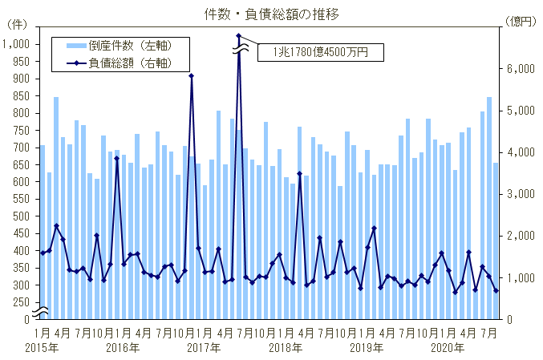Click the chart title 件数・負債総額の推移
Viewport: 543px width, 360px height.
pyautogui.click(x=271, y=14)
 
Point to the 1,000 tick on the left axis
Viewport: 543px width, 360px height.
pyautogui.click(x=17, y=44)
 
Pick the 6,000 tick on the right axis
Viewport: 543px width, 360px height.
pyautogui.click(x=521, y=69)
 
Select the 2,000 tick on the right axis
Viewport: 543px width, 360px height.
pyautogui.click(x=521, y=236)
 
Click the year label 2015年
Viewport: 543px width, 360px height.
pyautogui.click(x=41, y=348)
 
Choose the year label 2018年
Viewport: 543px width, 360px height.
pyautogui.click(x=286, y=348)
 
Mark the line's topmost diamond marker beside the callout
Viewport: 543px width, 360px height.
pyautogui.click(x=238, y=36)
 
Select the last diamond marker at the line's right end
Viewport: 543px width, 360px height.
pyautogui.click(x=496, y=291)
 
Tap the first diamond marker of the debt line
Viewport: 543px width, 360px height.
pyautogui.click(x=42, y=253)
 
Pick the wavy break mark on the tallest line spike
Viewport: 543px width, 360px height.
pyautogui.click(x=238, y=51)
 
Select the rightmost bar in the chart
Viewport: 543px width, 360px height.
pyautogui.click(x=496, y=241)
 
